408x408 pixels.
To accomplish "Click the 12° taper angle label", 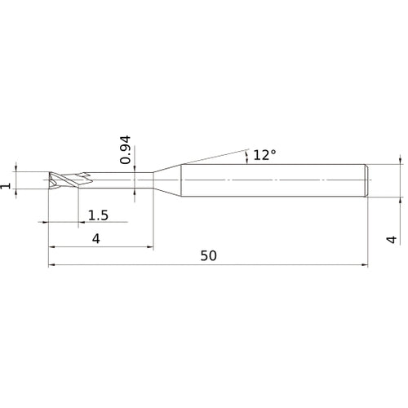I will (x=265, y=154).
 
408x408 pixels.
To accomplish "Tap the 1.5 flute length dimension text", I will (x=99, y=215).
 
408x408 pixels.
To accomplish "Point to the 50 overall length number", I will (x=208, y=255).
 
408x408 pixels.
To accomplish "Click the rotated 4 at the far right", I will (x=392, y=239).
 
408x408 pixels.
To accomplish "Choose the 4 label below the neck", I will (x=97, y=238).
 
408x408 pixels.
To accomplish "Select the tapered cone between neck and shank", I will (x=166, y=179).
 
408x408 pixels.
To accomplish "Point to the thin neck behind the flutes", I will (x=122, y=179).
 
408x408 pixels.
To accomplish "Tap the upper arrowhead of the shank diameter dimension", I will (x=400, y=162).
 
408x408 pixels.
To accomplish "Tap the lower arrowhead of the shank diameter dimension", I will (x=400, y=197).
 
